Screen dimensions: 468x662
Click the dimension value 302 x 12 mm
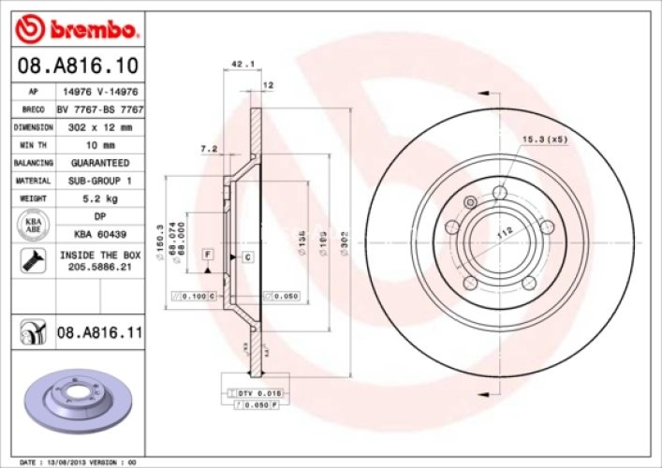pyautogui.click(x=98, y=126)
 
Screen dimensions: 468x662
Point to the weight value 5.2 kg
pyautogui.click(x=98, y=198)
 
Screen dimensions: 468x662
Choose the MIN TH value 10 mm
pyautogui.click(x=98, y=145)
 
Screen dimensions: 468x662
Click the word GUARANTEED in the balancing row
pyautogui.click(x=98, y=163)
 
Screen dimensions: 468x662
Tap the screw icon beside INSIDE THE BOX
pyautogui.click(x=28, y=260)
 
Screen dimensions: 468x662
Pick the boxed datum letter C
pyautogui.click(x=247, y=256)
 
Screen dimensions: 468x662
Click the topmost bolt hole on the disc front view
pyautogui.click(x=499, y=192)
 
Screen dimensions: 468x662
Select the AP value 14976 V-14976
pyautogui.click(x=98, y=92)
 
